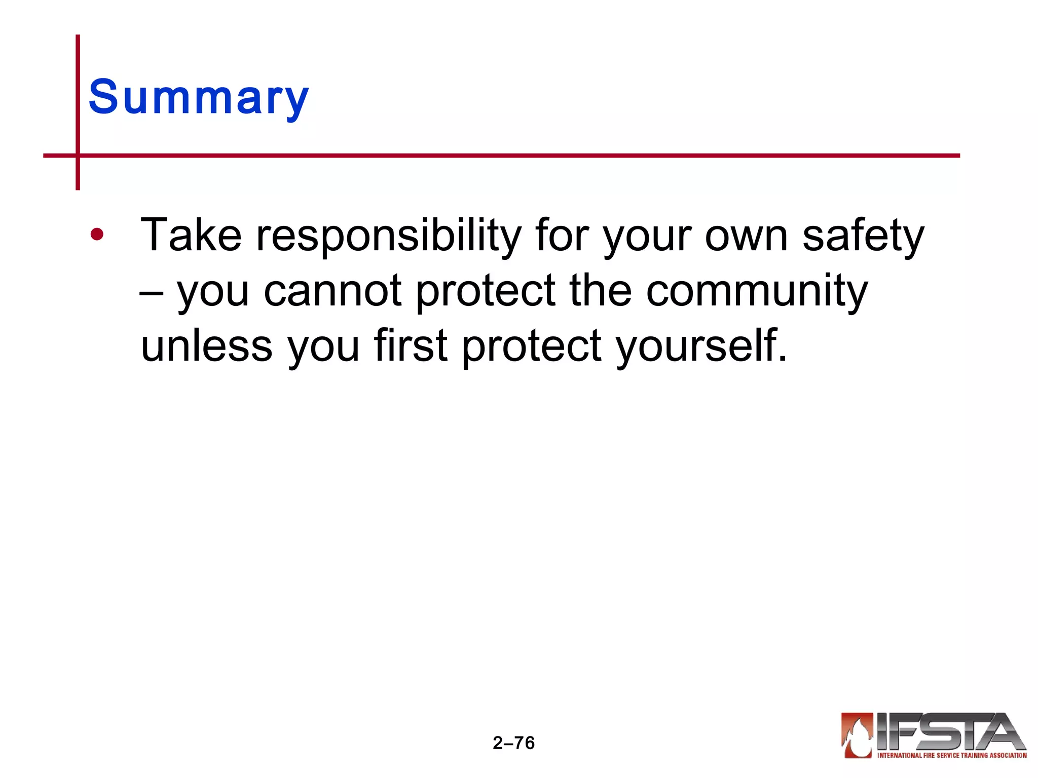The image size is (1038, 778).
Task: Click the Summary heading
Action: click(x=198, y=97)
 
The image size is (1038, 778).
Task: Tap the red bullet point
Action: click(x=97, y=235)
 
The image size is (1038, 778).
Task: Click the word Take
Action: click(x=191, y=235)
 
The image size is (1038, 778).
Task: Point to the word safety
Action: click(x=863, y=236)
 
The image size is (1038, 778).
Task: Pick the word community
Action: click(x=757, y=292)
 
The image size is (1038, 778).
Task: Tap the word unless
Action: click(x=207, y=346)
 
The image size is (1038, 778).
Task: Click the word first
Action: click(x=411, y=346)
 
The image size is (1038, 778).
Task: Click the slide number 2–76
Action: click(x=513, y=743)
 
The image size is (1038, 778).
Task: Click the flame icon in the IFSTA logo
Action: click(x=857, y=734)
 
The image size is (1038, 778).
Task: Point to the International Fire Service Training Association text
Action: click(x=951, y=755)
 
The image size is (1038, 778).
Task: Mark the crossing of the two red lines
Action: click(x=78, y=155)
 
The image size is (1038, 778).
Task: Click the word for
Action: click(x=562, y=235)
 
